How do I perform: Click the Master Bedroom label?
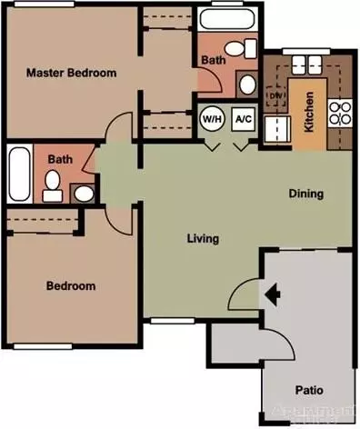tap(71, 72)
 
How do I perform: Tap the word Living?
tap(203, 239)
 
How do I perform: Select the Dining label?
tap(305, 194)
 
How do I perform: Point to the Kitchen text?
tap(309, 111)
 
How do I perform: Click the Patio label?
tap(308, 391)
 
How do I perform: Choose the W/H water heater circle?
tap(212, 118)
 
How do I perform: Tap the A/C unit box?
tap(243, 118)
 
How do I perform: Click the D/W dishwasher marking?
tap(275, 95)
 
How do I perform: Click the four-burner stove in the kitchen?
tap(340, 114)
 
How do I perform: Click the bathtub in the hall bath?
tap(19, 176)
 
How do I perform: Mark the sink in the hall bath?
tap(82, 192)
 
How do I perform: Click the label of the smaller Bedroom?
tap(71, 286)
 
